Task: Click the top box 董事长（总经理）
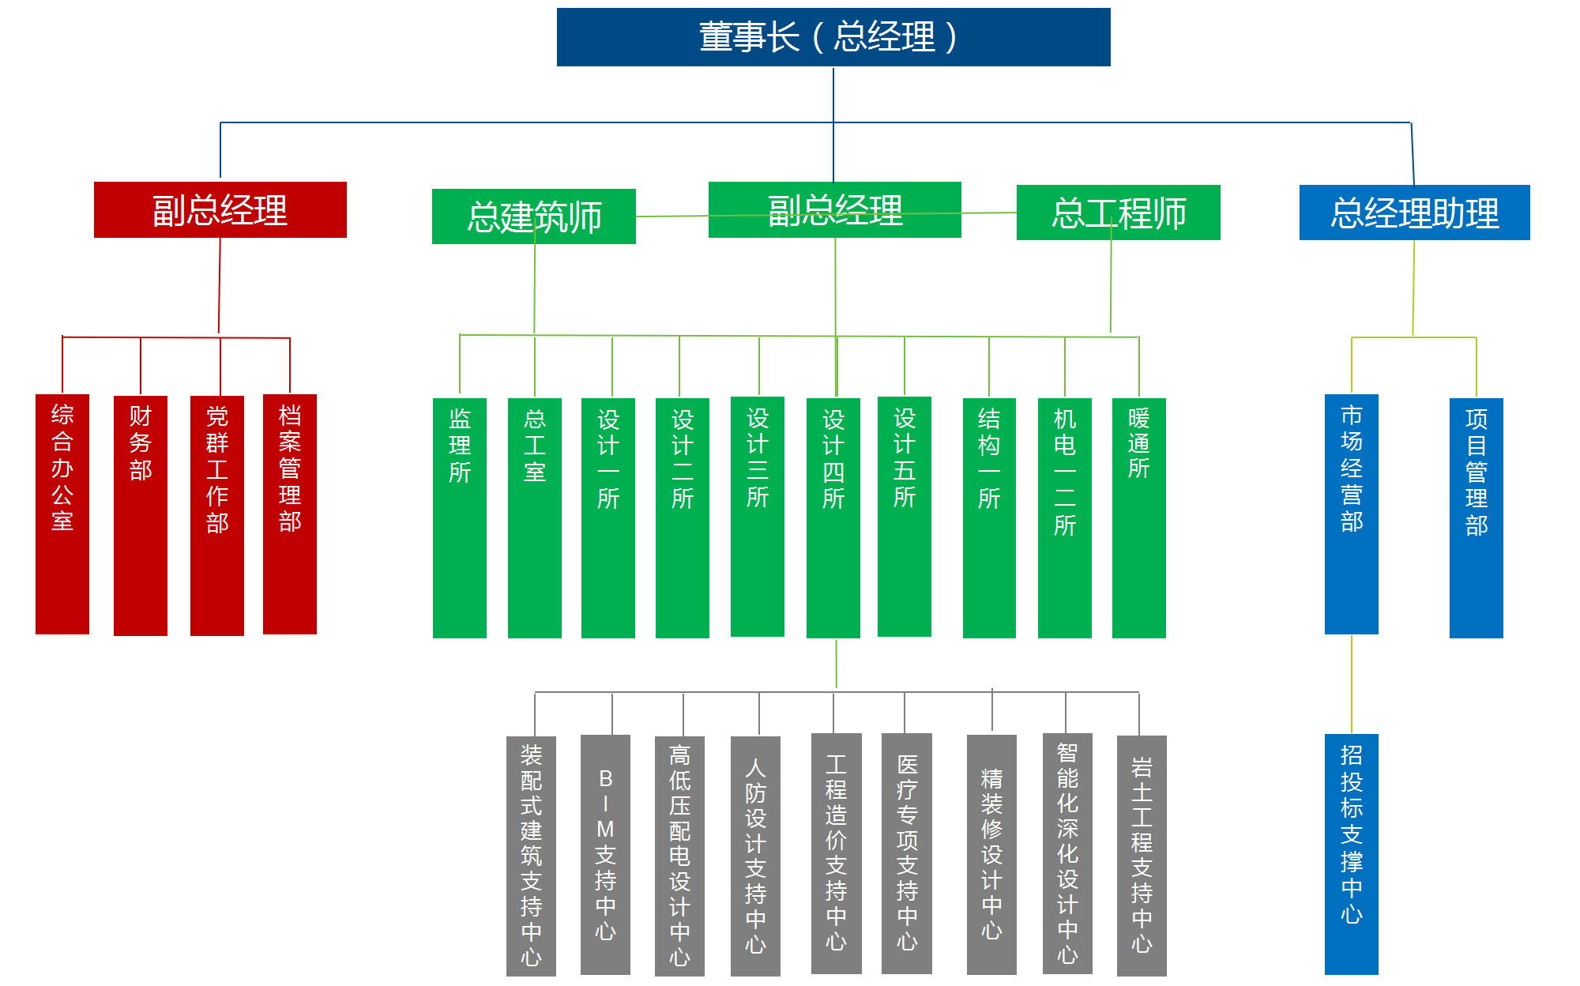tap(833, 37)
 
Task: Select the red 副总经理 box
tap(220, 209)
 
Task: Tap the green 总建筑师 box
tap(534, 216)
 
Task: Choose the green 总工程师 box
tap(1119, 213)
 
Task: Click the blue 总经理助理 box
tap(1415, 213)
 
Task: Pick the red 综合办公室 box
tap(62, 514)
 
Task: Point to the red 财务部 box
tap(141, 516)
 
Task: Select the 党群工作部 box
tap(217, 516)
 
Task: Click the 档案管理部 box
tap(290, 514)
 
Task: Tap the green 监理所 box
tap(460, 518)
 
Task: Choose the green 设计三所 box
tap(758, 517)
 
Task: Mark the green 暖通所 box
tap(1139, 518)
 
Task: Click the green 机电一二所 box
tap(1065, 518)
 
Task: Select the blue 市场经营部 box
tap(1352, 514)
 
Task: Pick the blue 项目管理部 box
tap(1477, 518)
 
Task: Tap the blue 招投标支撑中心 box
tap(1352, 854)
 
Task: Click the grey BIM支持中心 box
tap(605, 855)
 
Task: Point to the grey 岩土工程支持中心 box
tap(1142, 856)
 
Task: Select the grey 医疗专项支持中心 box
tap(907, 853)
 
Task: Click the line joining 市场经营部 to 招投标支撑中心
tap(1352, 684)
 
